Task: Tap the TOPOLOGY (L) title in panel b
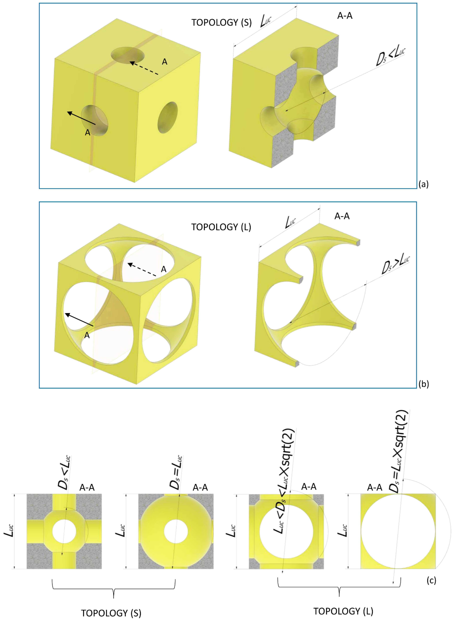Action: tap(221, 227)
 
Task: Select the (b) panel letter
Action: tap(423, 384)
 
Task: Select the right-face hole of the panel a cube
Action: tap(168, 118)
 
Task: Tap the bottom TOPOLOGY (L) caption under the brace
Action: tap(344, 611)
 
